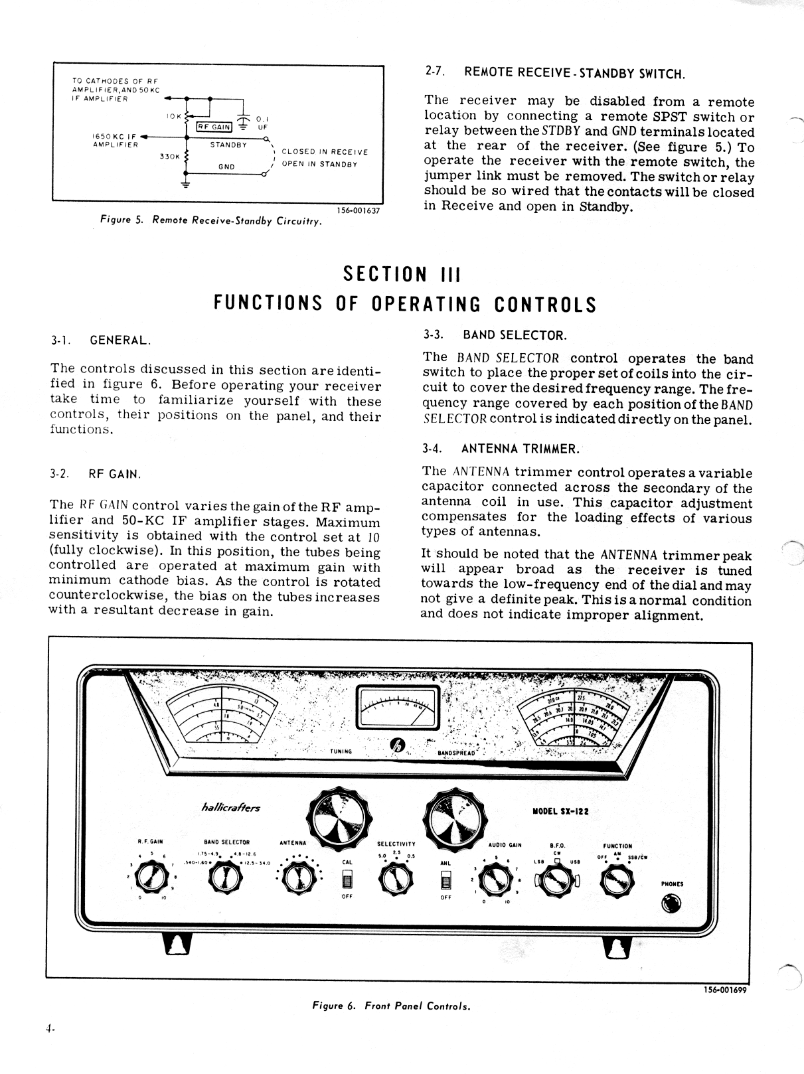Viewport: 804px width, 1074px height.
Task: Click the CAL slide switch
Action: coord(347,880)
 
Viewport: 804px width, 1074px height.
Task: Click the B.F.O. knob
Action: coord(556,882)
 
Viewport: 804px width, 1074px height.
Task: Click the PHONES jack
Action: coord(671,903)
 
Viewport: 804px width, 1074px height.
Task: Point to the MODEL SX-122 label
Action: coord(560,810)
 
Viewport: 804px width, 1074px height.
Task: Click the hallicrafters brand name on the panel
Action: coord(230,808)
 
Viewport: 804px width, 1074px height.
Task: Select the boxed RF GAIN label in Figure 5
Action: coord(214,127)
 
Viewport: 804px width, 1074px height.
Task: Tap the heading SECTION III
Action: coord(401,274)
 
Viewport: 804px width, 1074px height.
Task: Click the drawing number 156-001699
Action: coord(727,990)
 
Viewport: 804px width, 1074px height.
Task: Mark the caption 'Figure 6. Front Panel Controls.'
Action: coord(391,1006)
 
